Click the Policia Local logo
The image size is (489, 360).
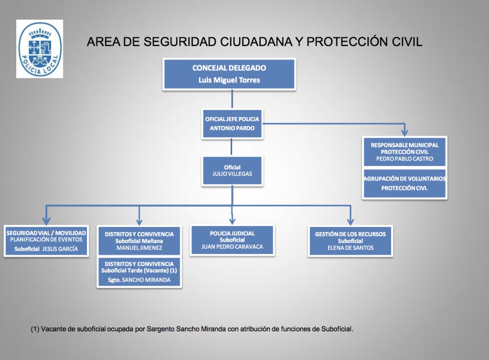coord(40,49)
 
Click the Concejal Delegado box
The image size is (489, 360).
coord(229,74)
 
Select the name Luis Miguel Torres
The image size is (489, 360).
coord(229,80)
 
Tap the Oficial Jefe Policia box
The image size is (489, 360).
coord(232,124)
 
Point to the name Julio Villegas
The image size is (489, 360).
coord(232,174)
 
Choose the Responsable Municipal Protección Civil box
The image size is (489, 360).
coord(404,152)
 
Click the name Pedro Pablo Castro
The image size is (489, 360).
coord(404,159)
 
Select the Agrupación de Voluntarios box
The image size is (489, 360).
coord(404,183)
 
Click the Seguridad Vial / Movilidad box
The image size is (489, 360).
coord(46,241)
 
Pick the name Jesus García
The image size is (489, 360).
coord(60,249)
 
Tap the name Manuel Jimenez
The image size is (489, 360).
coord(139,248)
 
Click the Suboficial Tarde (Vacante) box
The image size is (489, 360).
coord(139,272)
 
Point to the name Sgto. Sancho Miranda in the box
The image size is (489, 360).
coord(139,280)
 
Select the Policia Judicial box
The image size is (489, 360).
coord(232,240)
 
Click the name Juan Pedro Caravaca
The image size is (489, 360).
coord(232,246)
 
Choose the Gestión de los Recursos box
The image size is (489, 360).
coord(350,241)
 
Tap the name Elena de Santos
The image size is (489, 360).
coord(350,248)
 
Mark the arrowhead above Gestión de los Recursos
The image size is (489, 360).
coord(351,221)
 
